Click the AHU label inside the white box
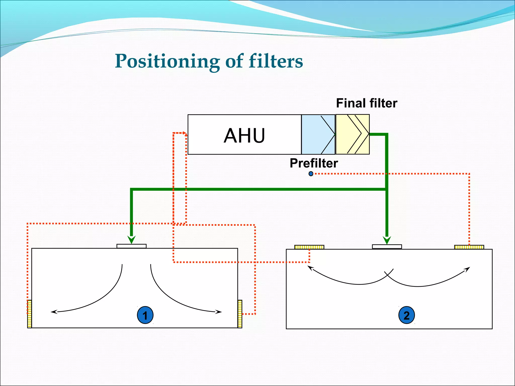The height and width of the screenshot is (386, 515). (244, 135)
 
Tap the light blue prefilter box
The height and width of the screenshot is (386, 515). (318, 134)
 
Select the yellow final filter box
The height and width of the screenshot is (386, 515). (352, 134)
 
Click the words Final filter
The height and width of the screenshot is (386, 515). (366, 103)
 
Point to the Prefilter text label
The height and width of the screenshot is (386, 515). (314, 163)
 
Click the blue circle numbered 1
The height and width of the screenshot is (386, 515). (145, 315)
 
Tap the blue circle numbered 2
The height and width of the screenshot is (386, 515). (406, 315)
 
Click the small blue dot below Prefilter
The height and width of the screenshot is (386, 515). (311, 174)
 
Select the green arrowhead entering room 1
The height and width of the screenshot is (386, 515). (131, 239)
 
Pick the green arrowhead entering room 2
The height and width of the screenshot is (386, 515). (387, 240)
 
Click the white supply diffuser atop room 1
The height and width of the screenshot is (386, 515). (131, 246)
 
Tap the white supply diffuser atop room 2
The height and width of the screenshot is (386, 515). (387, 247)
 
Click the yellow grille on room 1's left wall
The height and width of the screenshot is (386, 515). (29, 314)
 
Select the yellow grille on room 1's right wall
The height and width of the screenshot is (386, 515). (240, 314)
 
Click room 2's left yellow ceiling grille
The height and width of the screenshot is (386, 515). (309, 247)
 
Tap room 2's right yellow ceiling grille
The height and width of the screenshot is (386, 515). (469, 247)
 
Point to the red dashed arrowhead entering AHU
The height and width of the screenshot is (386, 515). (185, 134)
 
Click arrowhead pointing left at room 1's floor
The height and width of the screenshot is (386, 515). (54, 312)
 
